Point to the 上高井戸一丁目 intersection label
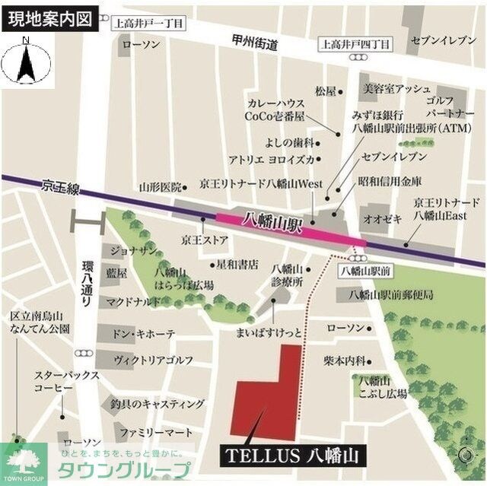(x=148, y=23)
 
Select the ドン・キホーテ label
(x=144, y=334)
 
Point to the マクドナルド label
(x=135, y=301)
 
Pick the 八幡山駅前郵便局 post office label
(x=390, y=294)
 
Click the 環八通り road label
(x=89, y=284)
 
